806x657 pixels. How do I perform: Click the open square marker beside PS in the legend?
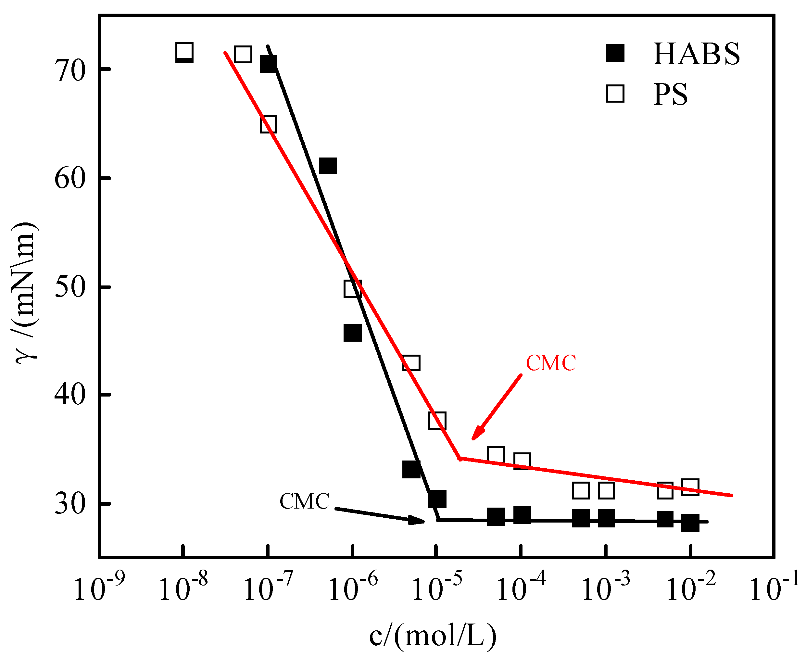pos(615,94)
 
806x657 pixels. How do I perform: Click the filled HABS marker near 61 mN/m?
pos(328,166)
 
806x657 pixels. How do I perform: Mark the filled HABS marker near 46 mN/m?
pos(352,333)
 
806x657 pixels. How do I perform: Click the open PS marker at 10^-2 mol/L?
pos(690,487)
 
